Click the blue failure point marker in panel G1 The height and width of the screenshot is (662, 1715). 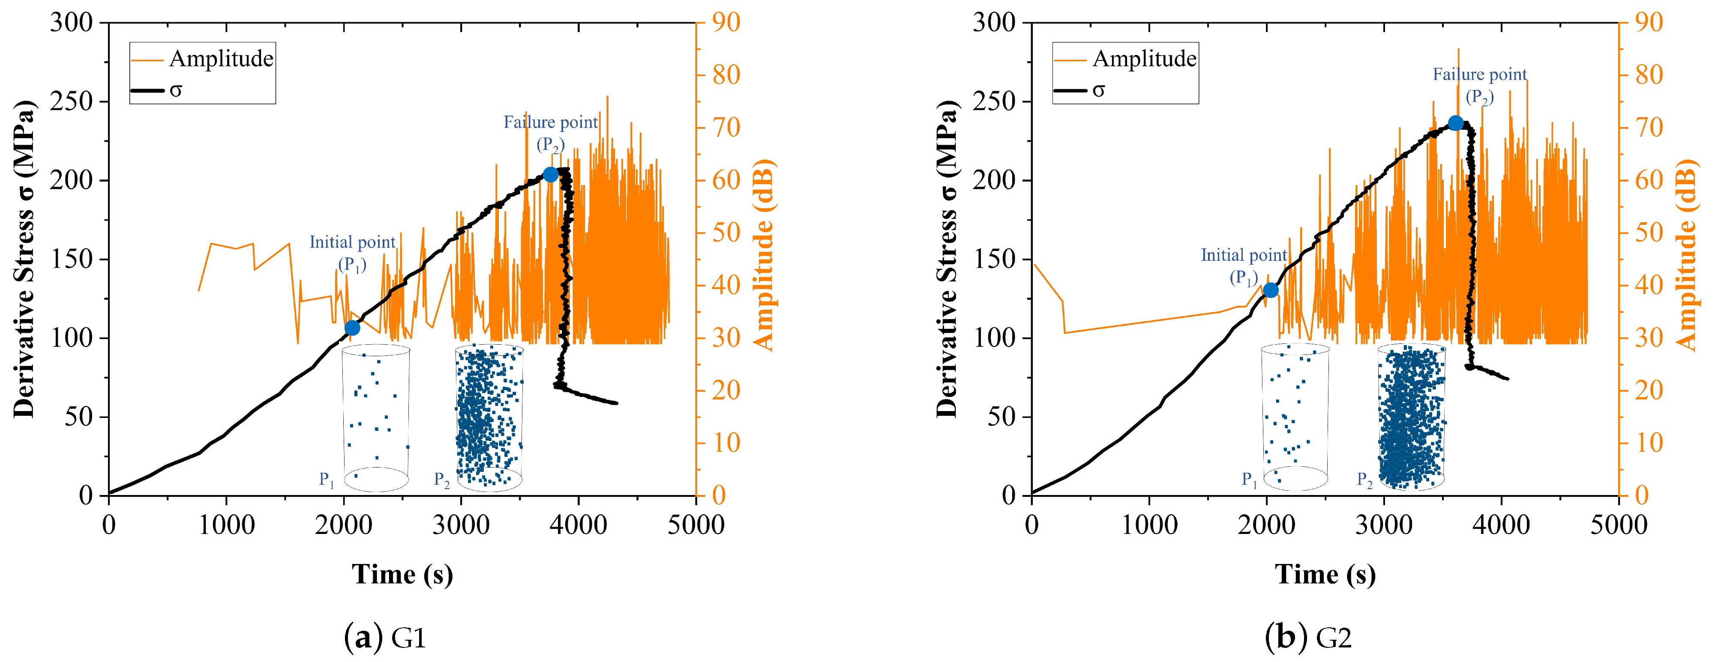tap(551, 174)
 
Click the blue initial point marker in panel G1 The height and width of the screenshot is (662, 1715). tap(352, 328)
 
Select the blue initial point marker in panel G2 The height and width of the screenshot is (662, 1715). tap(1270, 290)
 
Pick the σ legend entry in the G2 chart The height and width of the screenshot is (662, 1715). tap(1098, 90)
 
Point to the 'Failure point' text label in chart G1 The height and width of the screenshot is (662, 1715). tap(551, 122)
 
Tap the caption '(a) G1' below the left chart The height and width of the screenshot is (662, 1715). tap(385, 638)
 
